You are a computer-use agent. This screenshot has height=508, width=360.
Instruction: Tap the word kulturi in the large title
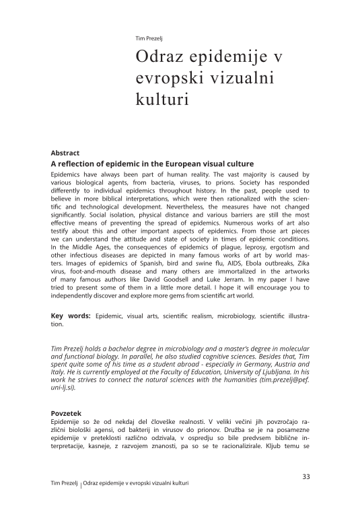pos(159,98)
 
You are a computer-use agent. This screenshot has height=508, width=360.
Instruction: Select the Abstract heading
pos(65,153)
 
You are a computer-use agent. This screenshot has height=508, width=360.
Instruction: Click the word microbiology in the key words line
pos(231,316)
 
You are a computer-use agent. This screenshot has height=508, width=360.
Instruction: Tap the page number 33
pos(305,477)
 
